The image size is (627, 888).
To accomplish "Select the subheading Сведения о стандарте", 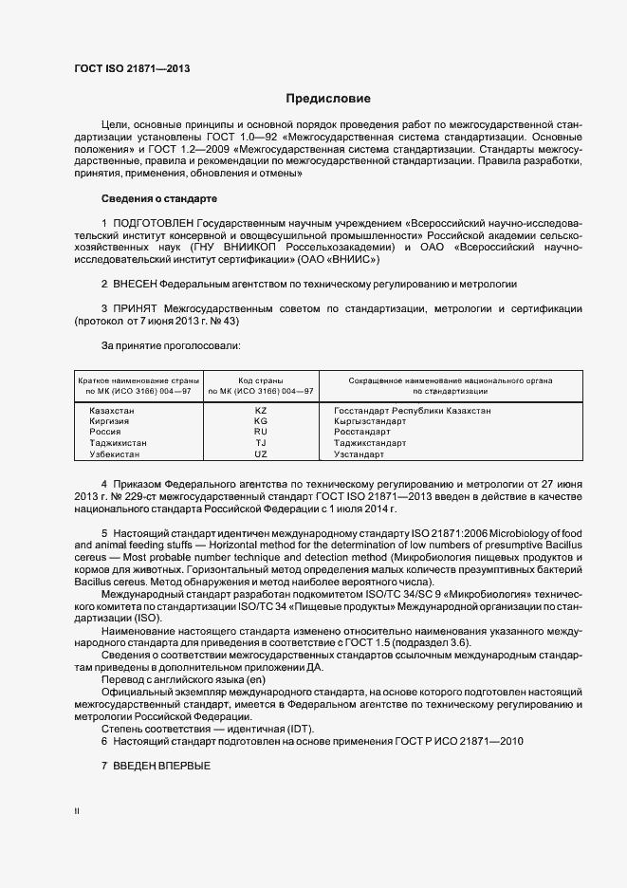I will (x=159, y=198).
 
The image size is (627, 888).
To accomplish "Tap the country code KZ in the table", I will (x=261, y=410).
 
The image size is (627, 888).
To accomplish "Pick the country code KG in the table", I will (x=261, y=420).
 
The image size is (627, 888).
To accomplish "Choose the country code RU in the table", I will (x=261, y=432).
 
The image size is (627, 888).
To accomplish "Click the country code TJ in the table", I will (x=261, y=443).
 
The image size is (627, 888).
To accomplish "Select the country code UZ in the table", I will (x=261, y=454).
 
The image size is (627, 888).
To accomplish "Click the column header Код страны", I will (x=261, y=379).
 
